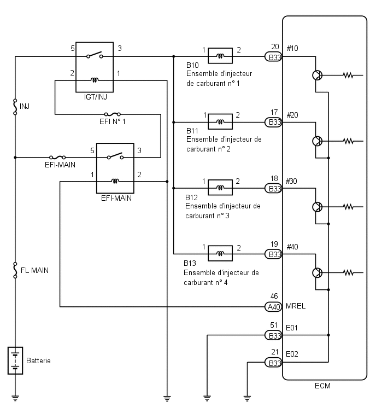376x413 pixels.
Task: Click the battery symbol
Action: click(x=15, y=360)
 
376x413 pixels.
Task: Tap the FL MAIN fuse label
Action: click(x=34, y=271)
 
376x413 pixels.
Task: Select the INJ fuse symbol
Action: click(x=15, y=107)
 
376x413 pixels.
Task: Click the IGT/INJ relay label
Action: click(x=96, y=97)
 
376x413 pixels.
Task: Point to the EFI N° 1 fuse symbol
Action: click(x=113, y=114)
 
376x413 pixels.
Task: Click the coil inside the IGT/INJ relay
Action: click(x=95, y=80)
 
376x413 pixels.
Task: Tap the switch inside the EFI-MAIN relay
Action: click(x=115, y=156)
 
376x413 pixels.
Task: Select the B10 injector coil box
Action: click(x=220, y=56)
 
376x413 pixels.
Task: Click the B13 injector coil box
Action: click(x=220, y=253)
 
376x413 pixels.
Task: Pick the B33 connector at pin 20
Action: click(x=273, y=57)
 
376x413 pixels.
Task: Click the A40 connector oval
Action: click(x=273, y=307)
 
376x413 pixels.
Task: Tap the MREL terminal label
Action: click(x=296, y=306)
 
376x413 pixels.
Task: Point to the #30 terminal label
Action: click(x=291, y=181)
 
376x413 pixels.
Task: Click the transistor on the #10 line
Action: click(x=318, y=75)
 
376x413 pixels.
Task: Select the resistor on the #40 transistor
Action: click(x=348, y=273)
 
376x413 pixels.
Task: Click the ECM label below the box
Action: click(x=322, y=386)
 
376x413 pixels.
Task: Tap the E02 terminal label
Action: click(x=292, y=354)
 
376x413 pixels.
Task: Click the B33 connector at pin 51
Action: click(x=273, y=335)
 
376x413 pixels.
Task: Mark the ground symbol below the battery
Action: click(x=15, y=398)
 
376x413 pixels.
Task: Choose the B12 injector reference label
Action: click(x=191, y=197)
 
